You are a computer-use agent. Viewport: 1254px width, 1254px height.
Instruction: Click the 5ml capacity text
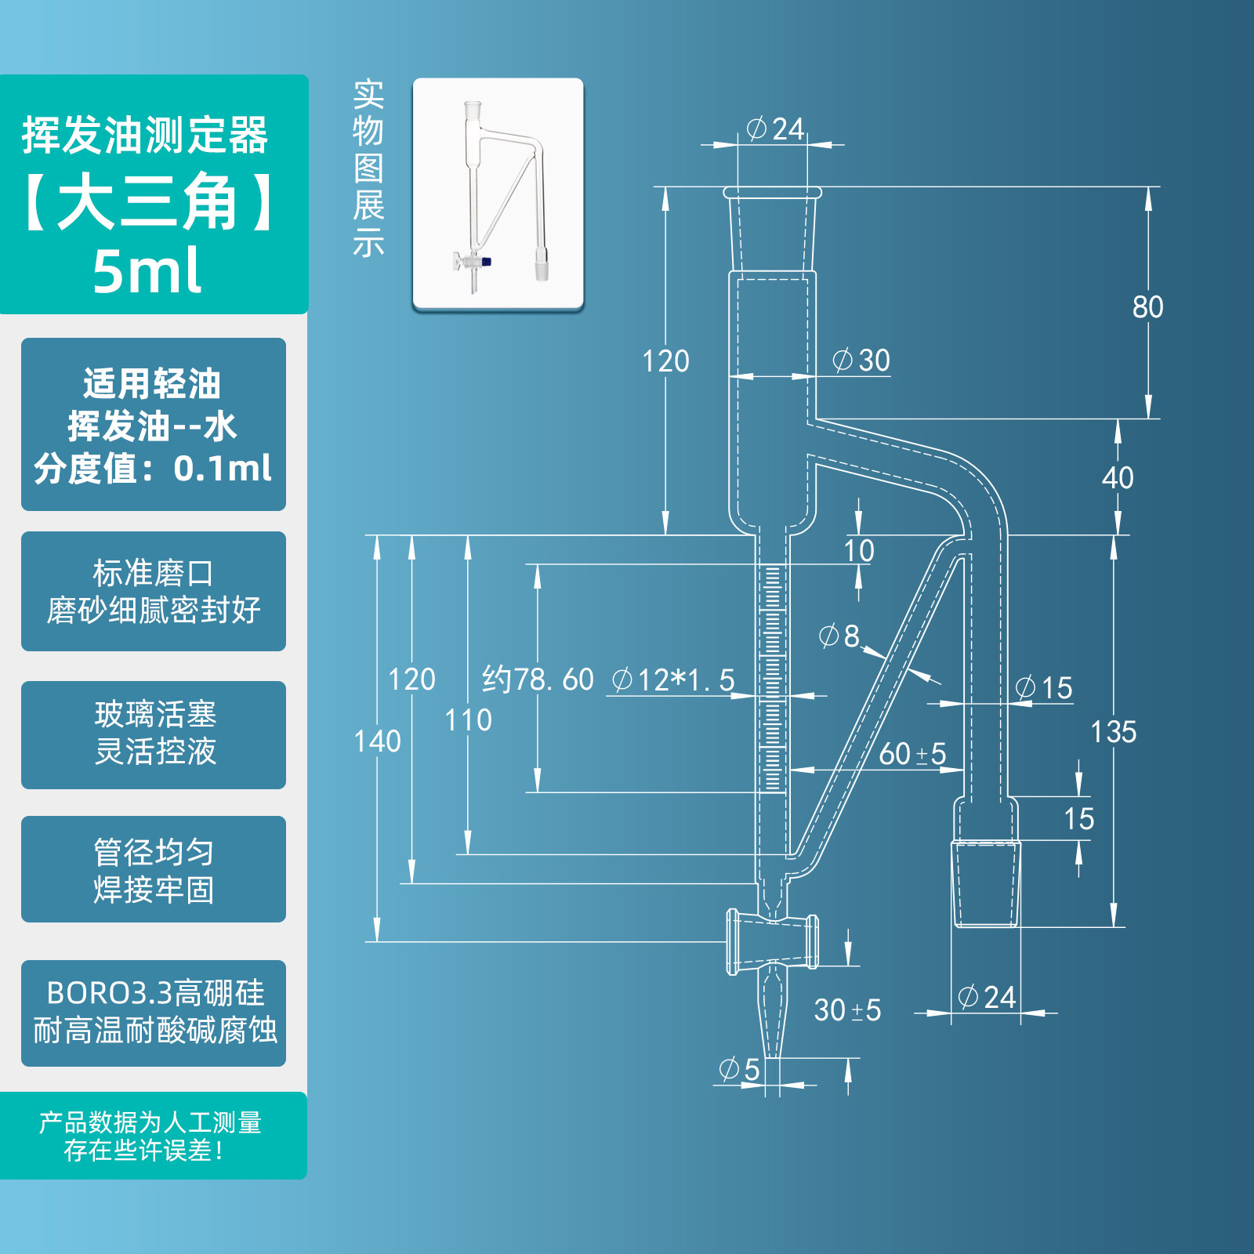[147, 270]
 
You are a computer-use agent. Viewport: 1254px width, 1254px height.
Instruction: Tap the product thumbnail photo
[498, 194]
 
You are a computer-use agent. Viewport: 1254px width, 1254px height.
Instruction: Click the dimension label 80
[1147, 307]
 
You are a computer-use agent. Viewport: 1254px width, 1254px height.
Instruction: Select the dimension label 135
[1113, 732]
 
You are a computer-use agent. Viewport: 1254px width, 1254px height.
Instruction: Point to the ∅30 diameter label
[861, 361]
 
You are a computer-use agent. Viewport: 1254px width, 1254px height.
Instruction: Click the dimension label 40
[1118, 477]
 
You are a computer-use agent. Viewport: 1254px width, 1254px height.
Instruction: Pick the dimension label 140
[377, 741]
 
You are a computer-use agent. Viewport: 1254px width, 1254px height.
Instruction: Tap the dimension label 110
[468, 720]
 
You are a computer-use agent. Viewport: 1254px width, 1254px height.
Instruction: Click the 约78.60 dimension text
[538, 680]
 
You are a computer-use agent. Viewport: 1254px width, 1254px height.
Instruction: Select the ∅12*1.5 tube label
[673, 680]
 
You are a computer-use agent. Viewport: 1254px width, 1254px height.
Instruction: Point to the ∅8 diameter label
[839, 636]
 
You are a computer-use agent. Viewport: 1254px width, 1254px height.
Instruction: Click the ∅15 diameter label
[1044, 688]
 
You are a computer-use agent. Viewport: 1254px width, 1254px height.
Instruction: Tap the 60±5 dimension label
[912, 754]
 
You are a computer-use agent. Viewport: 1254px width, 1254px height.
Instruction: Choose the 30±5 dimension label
[847, 1010]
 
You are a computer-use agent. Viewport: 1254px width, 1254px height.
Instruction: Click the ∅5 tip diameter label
[739, 1069]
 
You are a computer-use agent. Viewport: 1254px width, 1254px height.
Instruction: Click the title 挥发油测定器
[145, 136]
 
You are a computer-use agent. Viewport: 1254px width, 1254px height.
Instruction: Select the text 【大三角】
[147, 201]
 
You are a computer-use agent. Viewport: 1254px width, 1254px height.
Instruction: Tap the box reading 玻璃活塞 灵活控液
[154, 734]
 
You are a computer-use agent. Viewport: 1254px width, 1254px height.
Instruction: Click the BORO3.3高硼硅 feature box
[154, 1013]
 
